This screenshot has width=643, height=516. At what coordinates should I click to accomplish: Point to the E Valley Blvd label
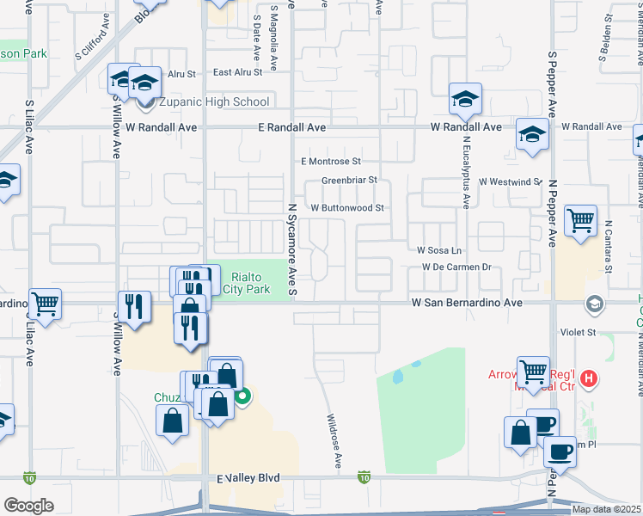tap(248, 477)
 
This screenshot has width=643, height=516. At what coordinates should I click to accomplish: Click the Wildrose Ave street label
tap(334, 443)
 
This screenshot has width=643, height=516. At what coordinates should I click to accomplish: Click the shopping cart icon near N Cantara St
tap(581, 220)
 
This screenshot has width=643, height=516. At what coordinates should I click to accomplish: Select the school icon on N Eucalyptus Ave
tap(465, 99)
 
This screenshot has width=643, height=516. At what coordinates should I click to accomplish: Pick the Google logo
tap(28, 505)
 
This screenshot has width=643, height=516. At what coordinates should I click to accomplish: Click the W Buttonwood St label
tap(346, 208)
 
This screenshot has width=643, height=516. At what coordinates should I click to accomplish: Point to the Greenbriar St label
tap(349, 181)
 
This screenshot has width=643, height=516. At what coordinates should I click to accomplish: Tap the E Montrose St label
tap(330, 161)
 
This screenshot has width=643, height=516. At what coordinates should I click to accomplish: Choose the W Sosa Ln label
tap(439, 250)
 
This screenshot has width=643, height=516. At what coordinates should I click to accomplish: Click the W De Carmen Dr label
tap(456, 267)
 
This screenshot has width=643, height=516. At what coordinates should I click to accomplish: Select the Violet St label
tap(579, 332)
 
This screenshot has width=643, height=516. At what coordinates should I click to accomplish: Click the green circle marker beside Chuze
tap(243, 396)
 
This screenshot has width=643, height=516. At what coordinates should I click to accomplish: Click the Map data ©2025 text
tap(606, 509)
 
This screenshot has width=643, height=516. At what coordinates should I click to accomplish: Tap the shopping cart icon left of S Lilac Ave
tap(45, 303)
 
